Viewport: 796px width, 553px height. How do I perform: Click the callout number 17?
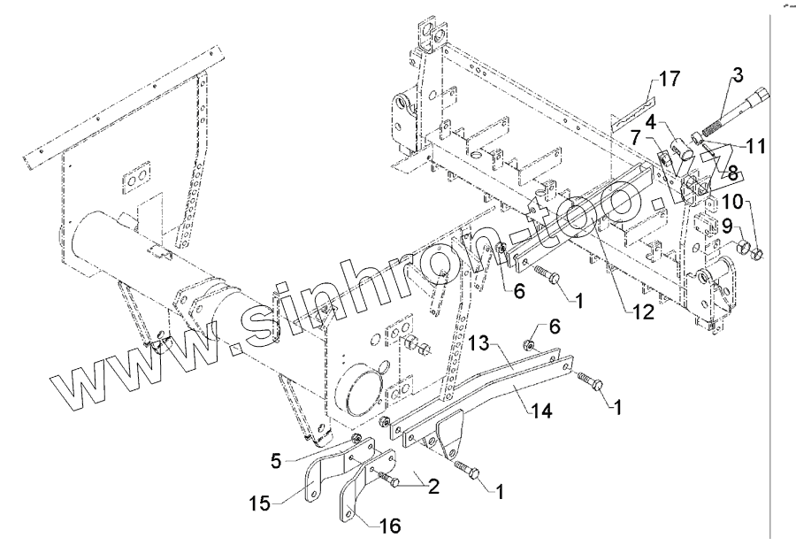pos(669,80)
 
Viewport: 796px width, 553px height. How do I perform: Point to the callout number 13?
pos(478,342)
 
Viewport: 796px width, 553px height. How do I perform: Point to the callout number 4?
pos(649,121)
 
